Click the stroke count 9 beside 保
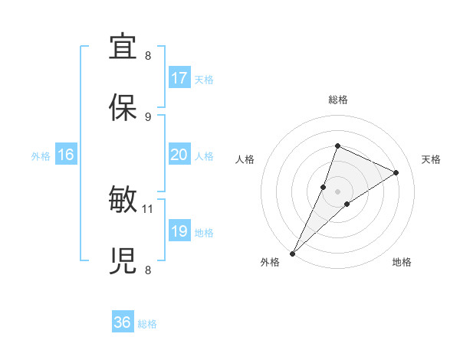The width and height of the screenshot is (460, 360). pyautogui.click(x=148, y=116)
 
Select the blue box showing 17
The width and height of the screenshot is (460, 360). pyautogui.click(x=179, y=78)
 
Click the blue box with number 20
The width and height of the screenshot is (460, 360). pyautogui.click(x=179, y=155)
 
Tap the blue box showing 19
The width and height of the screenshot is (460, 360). pyautogui.click(x=179, y=231)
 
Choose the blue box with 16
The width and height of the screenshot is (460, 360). pyautogui.click(x=65, y=155)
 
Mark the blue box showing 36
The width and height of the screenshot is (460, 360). pyautogui.click(x=123, y=322)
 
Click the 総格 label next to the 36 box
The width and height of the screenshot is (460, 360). pyautogui.click(x=147, y=324)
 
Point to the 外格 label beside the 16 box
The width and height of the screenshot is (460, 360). pyautogui.click(x=41, y=155)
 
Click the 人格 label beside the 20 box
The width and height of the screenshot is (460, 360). pyautogui.click(x=204, y=155)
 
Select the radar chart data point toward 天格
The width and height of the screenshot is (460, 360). pyautogui.click(x=396, y=172)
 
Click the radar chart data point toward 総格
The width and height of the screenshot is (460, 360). pyautogui.click(x=337, y=146)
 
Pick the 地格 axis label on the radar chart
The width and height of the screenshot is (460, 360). pyautogui.click(x=402, y=262)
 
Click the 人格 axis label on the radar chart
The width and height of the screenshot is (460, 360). pyautogui.click(x=245, y=159)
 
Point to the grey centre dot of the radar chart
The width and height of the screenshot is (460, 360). pyautogui.click(x=337, y=191)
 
